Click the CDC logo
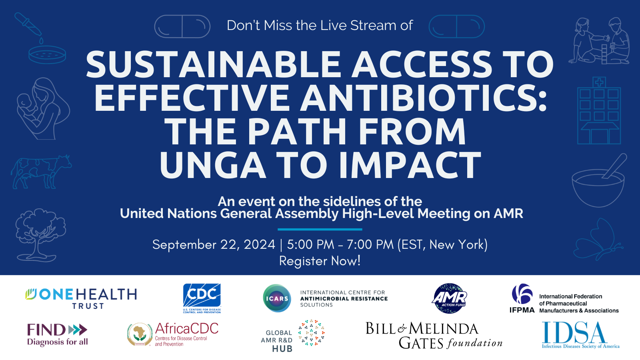[x=202, y=298]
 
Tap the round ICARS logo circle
[x=277, y=298]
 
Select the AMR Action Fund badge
[x=450, y=298]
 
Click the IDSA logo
[x=580, y=335]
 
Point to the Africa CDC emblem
[x=140, y=334]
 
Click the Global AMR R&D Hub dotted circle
[x=311, y=332]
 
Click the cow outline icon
[x=41, y=172]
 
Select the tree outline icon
[x=40, y=235]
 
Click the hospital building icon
[x=599, y=110]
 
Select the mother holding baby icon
[x=43, y=108]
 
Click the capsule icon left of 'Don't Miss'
[x=182, y=26]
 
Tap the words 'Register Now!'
[x=320, y=261]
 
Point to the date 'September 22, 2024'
[x=214, y=244]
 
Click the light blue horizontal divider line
[x=320, y=229]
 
